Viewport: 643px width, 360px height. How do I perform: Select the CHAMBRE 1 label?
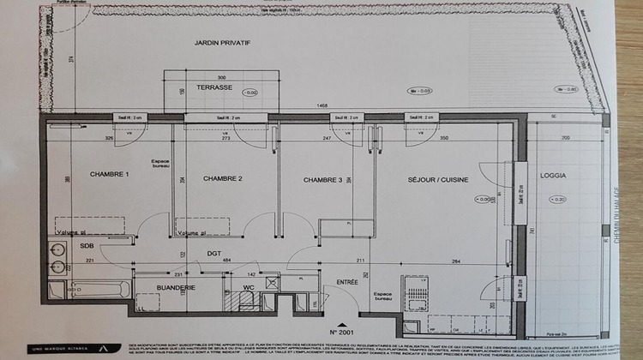(110, 175)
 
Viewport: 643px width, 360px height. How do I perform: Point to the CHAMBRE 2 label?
(223, 178)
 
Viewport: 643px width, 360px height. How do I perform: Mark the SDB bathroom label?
(87, 245)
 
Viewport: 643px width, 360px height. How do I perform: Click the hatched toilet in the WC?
(244, 301)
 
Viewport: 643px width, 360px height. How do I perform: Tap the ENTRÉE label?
(347, 281)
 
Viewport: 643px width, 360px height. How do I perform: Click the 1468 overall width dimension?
(322, 105)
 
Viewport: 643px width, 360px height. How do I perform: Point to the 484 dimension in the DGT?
(227, 260)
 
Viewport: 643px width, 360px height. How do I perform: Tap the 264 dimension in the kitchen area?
(456, 261)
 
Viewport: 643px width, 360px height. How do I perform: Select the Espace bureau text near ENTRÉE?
(382, 296)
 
